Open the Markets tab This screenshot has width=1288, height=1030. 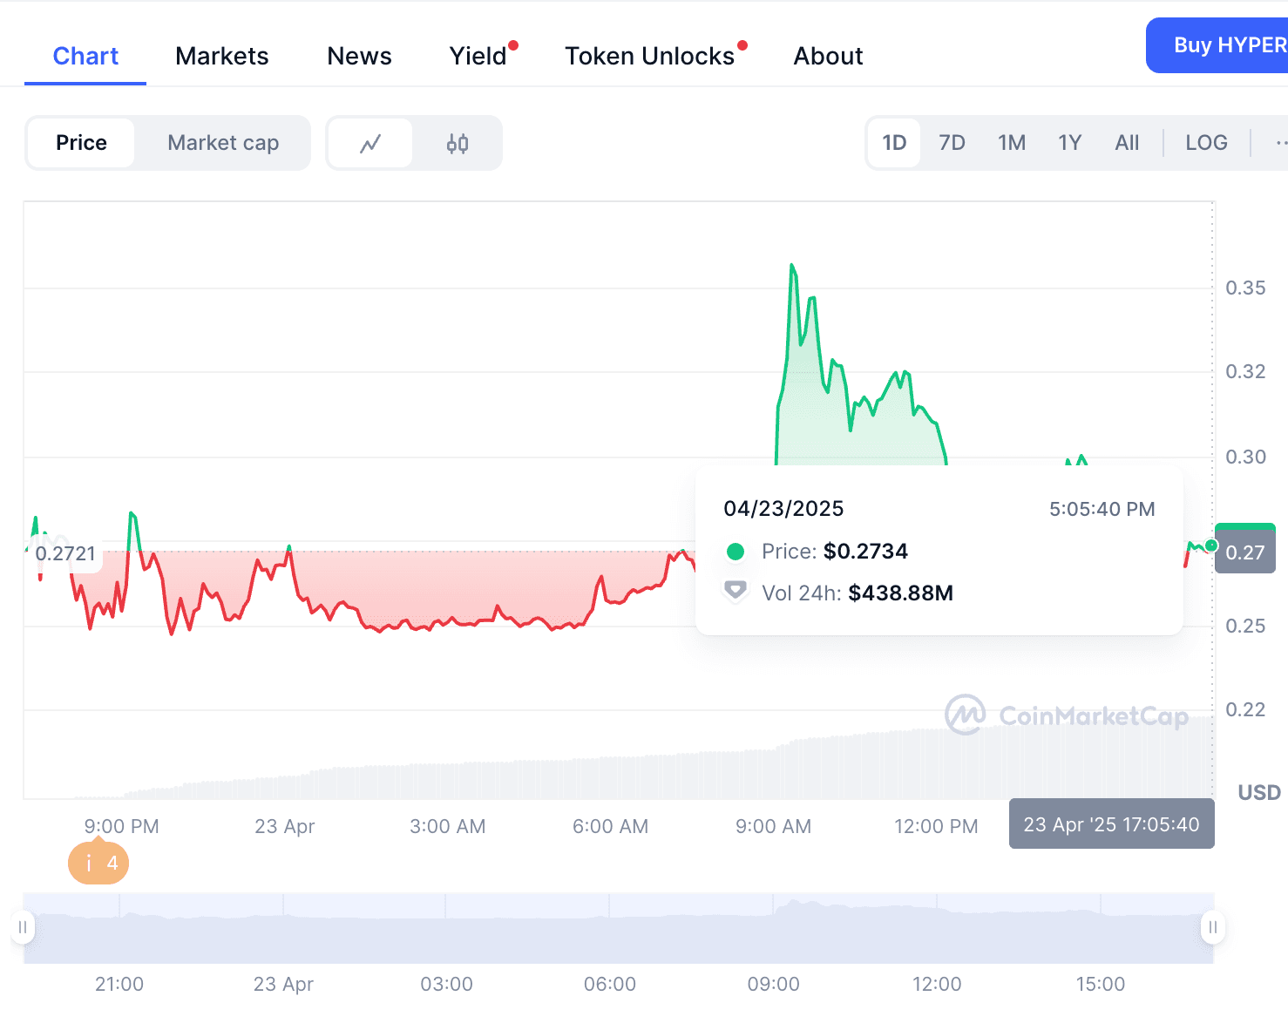coord(221,57)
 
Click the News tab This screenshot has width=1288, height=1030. coord(359,57)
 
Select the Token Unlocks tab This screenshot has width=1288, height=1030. coord(650,57)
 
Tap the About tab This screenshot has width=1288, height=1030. coord(828,57)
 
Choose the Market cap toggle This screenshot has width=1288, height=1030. coord(223,143)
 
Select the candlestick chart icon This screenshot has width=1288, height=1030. coord(458,143)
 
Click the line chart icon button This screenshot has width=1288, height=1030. coord(370,143)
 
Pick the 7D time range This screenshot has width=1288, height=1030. coord(952,143)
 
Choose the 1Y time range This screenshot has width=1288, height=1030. coord(1069,143)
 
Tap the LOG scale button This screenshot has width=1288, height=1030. coord(1206,143)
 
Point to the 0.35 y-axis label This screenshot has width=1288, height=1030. coord(1245,288)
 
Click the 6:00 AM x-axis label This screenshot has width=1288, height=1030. coord(610,826)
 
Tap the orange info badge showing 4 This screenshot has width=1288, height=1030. coord(98,864)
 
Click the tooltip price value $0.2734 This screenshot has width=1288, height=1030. coord(865,552)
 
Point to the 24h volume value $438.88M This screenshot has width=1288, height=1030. coord(900,593)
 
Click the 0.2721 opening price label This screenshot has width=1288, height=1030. coord(65,553)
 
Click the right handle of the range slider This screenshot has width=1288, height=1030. coord(1212,927)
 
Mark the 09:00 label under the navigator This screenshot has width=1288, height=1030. coord(773,984)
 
